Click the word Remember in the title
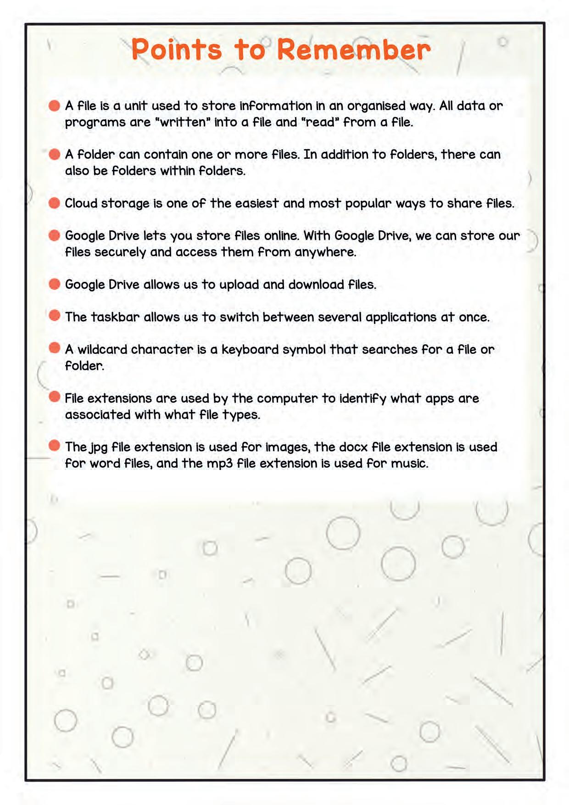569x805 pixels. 354,50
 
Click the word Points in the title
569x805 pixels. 177,50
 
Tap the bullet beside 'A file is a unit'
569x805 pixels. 54,106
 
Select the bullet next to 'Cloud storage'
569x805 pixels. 54,203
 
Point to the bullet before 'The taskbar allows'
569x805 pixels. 54,316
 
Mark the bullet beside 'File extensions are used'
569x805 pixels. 54,397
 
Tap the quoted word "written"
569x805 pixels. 182,122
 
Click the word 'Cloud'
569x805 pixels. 81,203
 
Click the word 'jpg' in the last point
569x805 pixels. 98,447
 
